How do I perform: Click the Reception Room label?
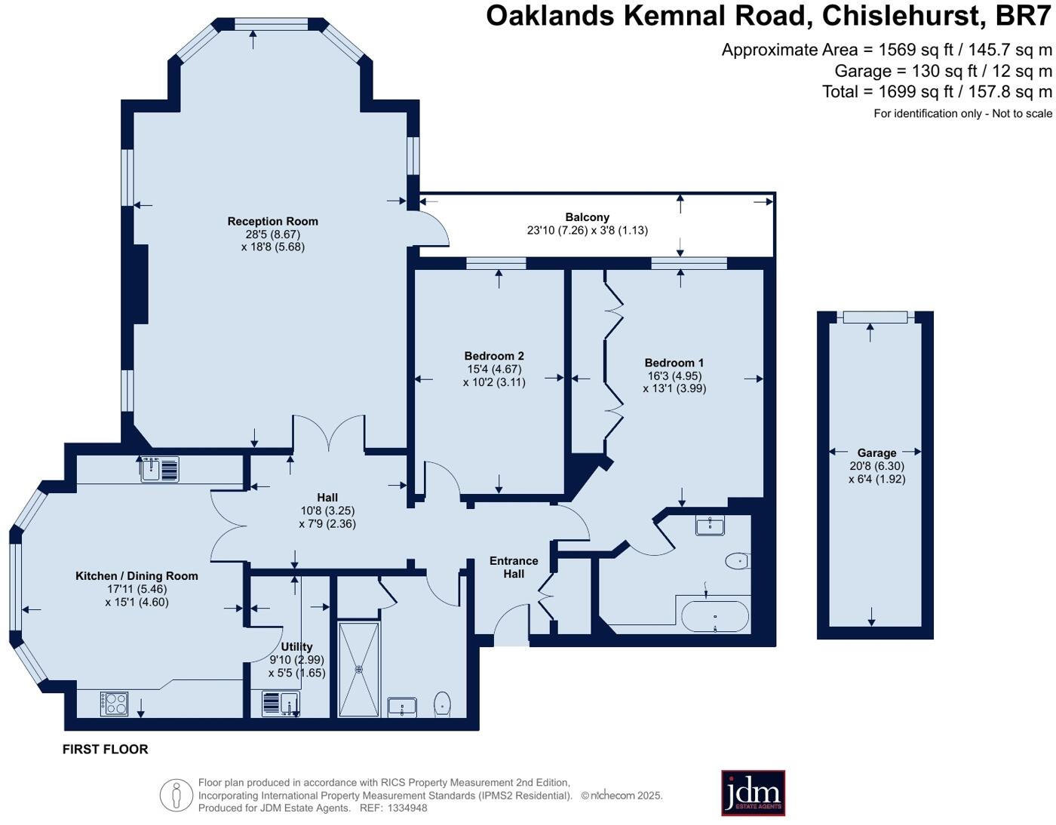[x=272, y=221]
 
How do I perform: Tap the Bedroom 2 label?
[x=494, y=356]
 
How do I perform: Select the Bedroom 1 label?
[x=674, y=363]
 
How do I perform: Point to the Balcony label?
[x=587, y=217]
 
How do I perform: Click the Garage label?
[x=876, y=452]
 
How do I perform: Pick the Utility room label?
[x=296, y=647]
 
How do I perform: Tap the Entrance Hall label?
[x=514, y=567]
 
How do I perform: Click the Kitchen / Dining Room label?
[x=137, y=575]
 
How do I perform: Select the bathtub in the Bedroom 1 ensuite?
[x=715, y=617]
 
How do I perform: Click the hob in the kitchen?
[x=114, y=704]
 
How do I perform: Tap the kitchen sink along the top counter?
[x=160, y=469]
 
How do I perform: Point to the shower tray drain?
[x=359, y=669]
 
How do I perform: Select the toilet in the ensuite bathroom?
[x=738, y=561]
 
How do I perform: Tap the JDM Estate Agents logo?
[x=753, y=793]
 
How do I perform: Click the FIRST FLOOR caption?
[x=106, y=749]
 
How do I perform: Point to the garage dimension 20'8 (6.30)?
[x=876, y=466]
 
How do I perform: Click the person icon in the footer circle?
[x=177, y=795]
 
